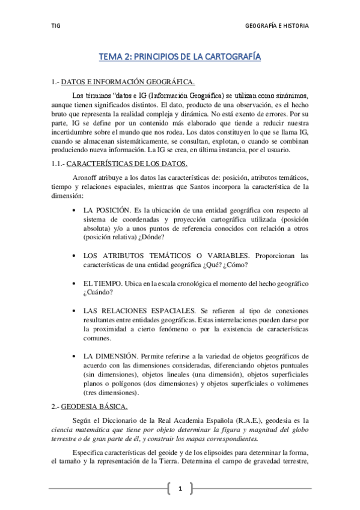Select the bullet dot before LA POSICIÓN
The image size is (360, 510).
click(x=73, y=210)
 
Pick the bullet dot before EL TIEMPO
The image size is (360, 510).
click(x=73, y=283)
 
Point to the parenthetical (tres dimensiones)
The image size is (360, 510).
click(x=111, y=393)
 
